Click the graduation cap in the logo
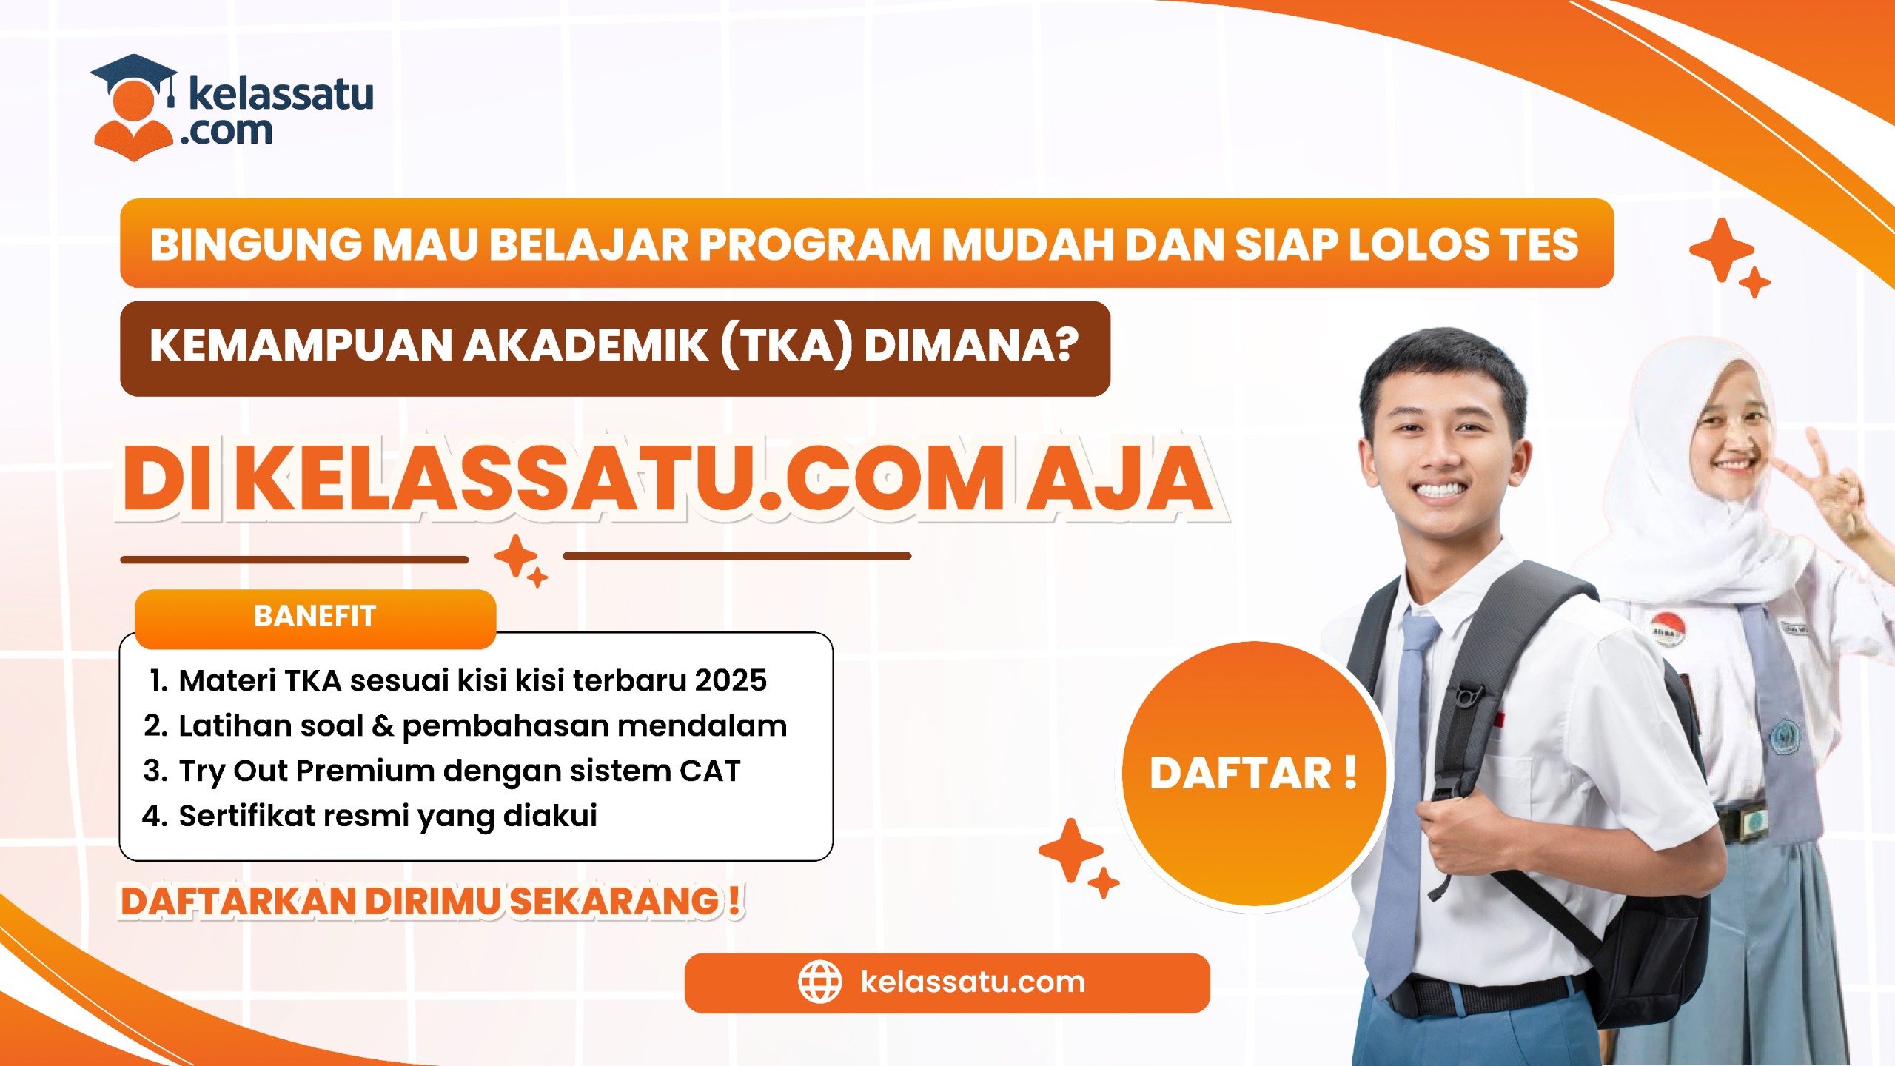[x=133, y=76]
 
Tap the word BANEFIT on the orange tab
[x=315, y=617]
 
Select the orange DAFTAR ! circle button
[x=1254, y=773]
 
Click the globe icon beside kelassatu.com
[x=819, y=982]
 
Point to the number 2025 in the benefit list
[x=731, y=680]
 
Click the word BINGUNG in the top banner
[x=256, y=244]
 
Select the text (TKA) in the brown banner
[x=786, y=346]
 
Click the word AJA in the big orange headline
[x=1118, y=478]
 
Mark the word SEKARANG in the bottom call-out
[x=614, y=902]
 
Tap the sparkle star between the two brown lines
[x=516, y=556]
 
